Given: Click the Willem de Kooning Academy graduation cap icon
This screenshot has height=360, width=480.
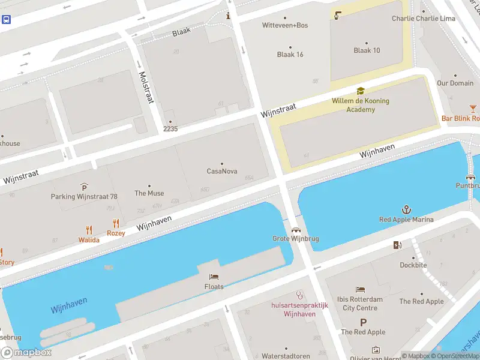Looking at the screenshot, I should (x=360, y=91).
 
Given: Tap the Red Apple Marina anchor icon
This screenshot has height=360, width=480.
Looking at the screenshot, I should (x=406, y=209).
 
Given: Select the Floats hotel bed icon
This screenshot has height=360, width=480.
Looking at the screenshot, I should (x=214, y=277).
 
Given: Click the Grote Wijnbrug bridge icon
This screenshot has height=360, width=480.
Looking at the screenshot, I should (x=295, y=229).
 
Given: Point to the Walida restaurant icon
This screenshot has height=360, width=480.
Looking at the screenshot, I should (x=89, y=230).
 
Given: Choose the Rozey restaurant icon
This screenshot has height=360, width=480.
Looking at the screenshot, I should (x=116, y=224).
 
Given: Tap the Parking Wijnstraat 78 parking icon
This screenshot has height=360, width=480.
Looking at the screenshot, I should (x=84, y=187).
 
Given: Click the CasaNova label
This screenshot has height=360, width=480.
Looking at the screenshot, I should (x=222, y=171).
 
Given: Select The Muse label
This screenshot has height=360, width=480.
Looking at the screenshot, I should (x=149, y=193).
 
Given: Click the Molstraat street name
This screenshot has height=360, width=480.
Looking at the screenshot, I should (x=146, y=87).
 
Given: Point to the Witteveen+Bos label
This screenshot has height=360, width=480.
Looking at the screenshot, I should (x=285, y=25).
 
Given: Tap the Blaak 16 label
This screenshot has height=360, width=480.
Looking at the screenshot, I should (x=290, y=55).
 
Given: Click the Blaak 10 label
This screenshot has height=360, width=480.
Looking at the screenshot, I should (x=367, y=50).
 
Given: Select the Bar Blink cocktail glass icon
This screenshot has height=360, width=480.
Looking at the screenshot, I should (x=473, y=109).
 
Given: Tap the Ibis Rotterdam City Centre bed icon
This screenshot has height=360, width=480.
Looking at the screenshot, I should (x=360, y=289).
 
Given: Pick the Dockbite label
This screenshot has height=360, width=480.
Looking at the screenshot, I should (x=413, y=265).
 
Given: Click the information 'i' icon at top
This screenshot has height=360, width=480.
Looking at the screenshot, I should (x=228, y=16).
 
